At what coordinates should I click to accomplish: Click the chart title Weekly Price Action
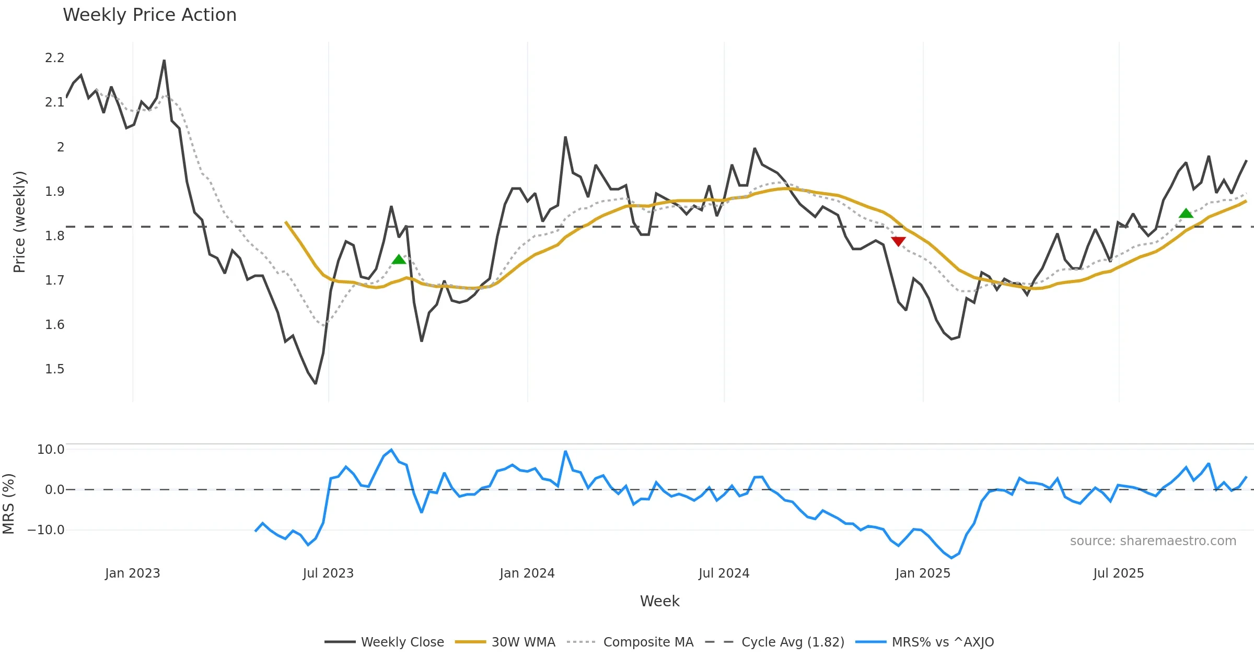pyautogui.click(x=149, y=15)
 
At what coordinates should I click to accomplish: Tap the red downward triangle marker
pyautogui.click(x=898, y=241)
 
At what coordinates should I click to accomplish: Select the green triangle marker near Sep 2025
pyautogui.click(x=1186, y=213)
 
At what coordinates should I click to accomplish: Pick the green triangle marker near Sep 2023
pyautogui.click(x=399, y=260)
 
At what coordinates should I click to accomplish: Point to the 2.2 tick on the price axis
pyautogui.click(x=54, y=58)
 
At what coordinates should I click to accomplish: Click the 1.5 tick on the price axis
pyautogui.click(x=54, y=369)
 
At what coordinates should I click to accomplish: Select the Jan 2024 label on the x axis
pyautogui.click(x=527, y=573)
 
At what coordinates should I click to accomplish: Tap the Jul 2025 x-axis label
pyautogui.click(x=1118, y=573)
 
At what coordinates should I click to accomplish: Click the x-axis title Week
pyautogui.click(x=659, y=601)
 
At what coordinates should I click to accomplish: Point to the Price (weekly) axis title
pyautogui.click(x=19, y=222)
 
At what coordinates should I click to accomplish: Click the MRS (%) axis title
pyautogui.click(x=9, y=504)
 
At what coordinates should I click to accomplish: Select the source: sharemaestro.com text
pyautogui.click(x=1153, y=541)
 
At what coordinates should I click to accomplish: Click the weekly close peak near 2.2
pyautogui.click(x=164, y=61)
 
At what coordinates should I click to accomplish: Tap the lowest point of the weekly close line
pyautogui.click(x=316, y=383)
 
